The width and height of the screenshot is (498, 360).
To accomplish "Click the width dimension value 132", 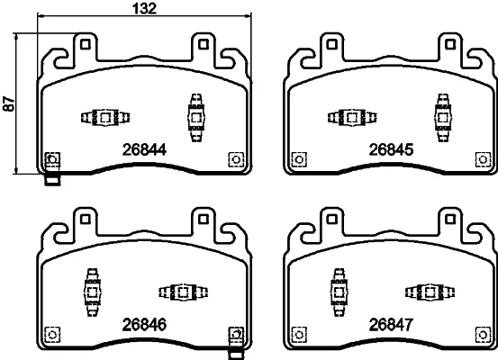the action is (145, 8).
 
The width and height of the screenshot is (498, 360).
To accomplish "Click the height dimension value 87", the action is (9, 103).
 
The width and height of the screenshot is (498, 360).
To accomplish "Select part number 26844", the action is (144, 149).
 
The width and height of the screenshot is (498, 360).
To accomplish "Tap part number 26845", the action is (391, 149).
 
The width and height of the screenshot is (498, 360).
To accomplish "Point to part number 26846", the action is (144, 325).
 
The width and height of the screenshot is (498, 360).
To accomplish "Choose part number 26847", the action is (391, 325).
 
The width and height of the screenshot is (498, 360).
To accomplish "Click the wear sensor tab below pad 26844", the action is (52, 180).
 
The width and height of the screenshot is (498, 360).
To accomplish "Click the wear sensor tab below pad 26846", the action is (236, 355).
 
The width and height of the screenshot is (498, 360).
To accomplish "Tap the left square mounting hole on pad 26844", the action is (85, 44).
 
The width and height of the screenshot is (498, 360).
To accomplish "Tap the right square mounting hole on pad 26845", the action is (449, 44).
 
